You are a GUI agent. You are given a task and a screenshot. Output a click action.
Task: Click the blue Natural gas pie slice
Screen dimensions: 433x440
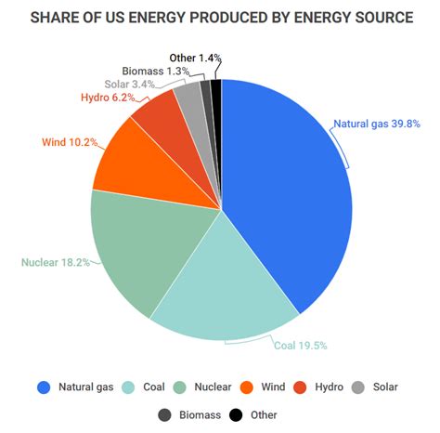pyautogui.click(x=288, y=186)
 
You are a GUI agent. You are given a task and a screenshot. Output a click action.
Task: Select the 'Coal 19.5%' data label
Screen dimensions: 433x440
pyautogui.click(x=299, y=345)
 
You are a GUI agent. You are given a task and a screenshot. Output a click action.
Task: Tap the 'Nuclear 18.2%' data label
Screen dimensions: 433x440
pyautogui.click(x=56, y=262)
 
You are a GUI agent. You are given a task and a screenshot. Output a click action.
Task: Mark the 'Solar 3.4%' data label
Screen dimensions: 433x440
pyautogui.click(x=131, y=85)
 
